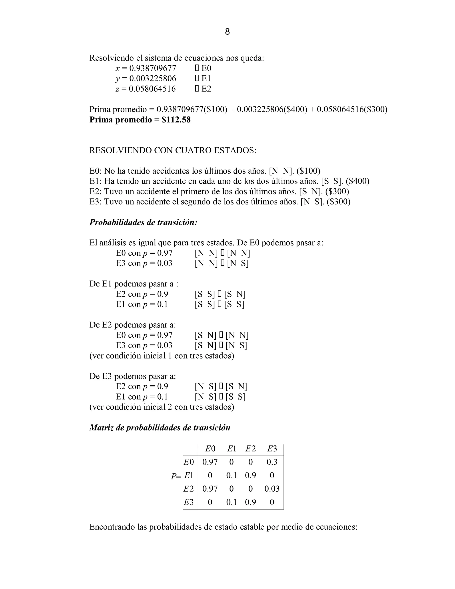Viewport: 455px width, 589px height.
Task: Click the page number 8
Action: [227, 32]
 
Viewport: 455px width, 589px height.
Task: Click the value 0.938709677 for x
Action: [153, 68]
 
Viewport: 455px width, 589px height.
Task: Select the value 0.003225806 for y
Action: [153, 78]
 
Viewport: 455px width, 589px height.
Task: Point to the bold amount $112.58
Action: [176, 120]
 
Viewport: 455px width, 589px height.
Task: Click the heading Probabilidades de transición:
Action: [143, 222]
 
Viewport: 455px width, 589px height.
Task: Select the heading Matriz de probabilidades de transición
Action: [160, 427]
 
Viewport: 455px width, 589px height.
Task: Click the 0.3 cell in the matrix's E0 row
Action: [272, 462]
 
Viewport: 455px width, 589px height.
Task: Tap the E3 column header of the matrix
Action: [272, 449]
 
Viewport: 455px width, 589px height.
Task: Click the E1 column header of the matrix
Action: [231, 449]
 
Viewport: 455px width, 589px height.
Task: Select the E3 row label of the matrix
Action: [189, 502]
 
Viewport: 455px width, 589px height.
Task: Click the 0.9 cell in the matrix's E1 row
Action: [250, 475]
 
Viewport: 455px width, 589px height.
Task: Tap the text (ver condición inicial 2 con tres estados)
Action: [162, 407]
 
